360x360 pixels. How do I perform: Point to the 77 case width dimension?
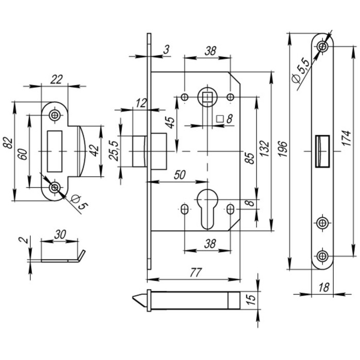point(194,273)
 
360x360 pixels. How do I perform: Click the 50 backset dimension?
point(179,174)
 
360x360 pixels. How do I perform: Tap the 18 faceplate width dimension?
point(323,286)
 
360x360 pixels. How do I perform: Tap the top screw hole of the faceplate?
point(322,47)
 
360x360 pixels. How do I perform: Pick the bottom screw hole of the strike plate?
point(53,188)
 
